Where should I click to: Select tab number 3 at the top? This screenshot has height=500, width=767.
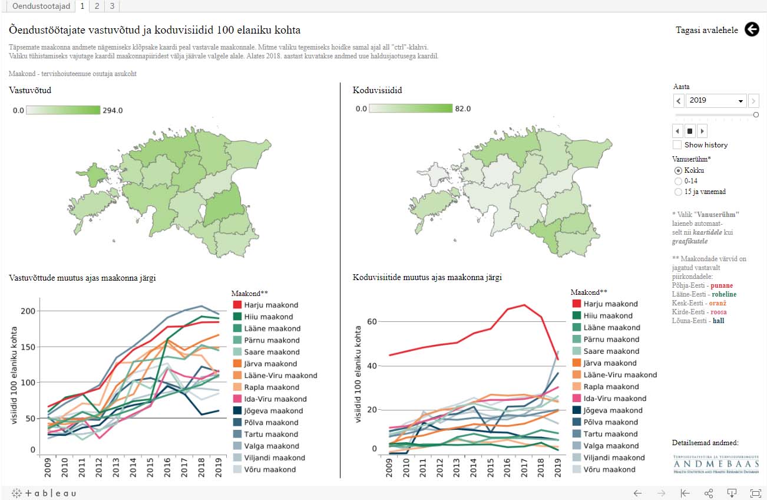[x=111, y=6]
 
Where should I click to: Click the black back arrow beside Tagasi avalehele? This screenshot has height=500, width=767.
[x=752, y=29]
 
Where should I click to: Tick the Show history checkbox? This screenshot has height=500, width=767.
[x=677, y=145]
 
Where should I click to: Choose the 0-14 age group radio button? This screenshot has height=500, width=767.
[x=678, y=181]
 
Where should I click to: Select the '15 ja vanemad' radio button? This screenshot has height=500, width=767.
[x=678, y=192]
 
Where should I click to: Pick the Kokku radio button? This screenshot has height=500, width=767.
[x=678, y=170]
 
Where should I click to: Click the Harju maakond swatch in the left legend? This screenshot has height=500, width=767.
[x=238, y=305]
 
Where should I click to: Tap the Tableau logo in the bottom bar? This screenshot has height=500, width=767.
[x=44, y=493]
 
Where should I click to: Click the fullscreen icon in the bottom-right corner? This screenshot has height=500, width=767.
[x=755, y=493]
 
